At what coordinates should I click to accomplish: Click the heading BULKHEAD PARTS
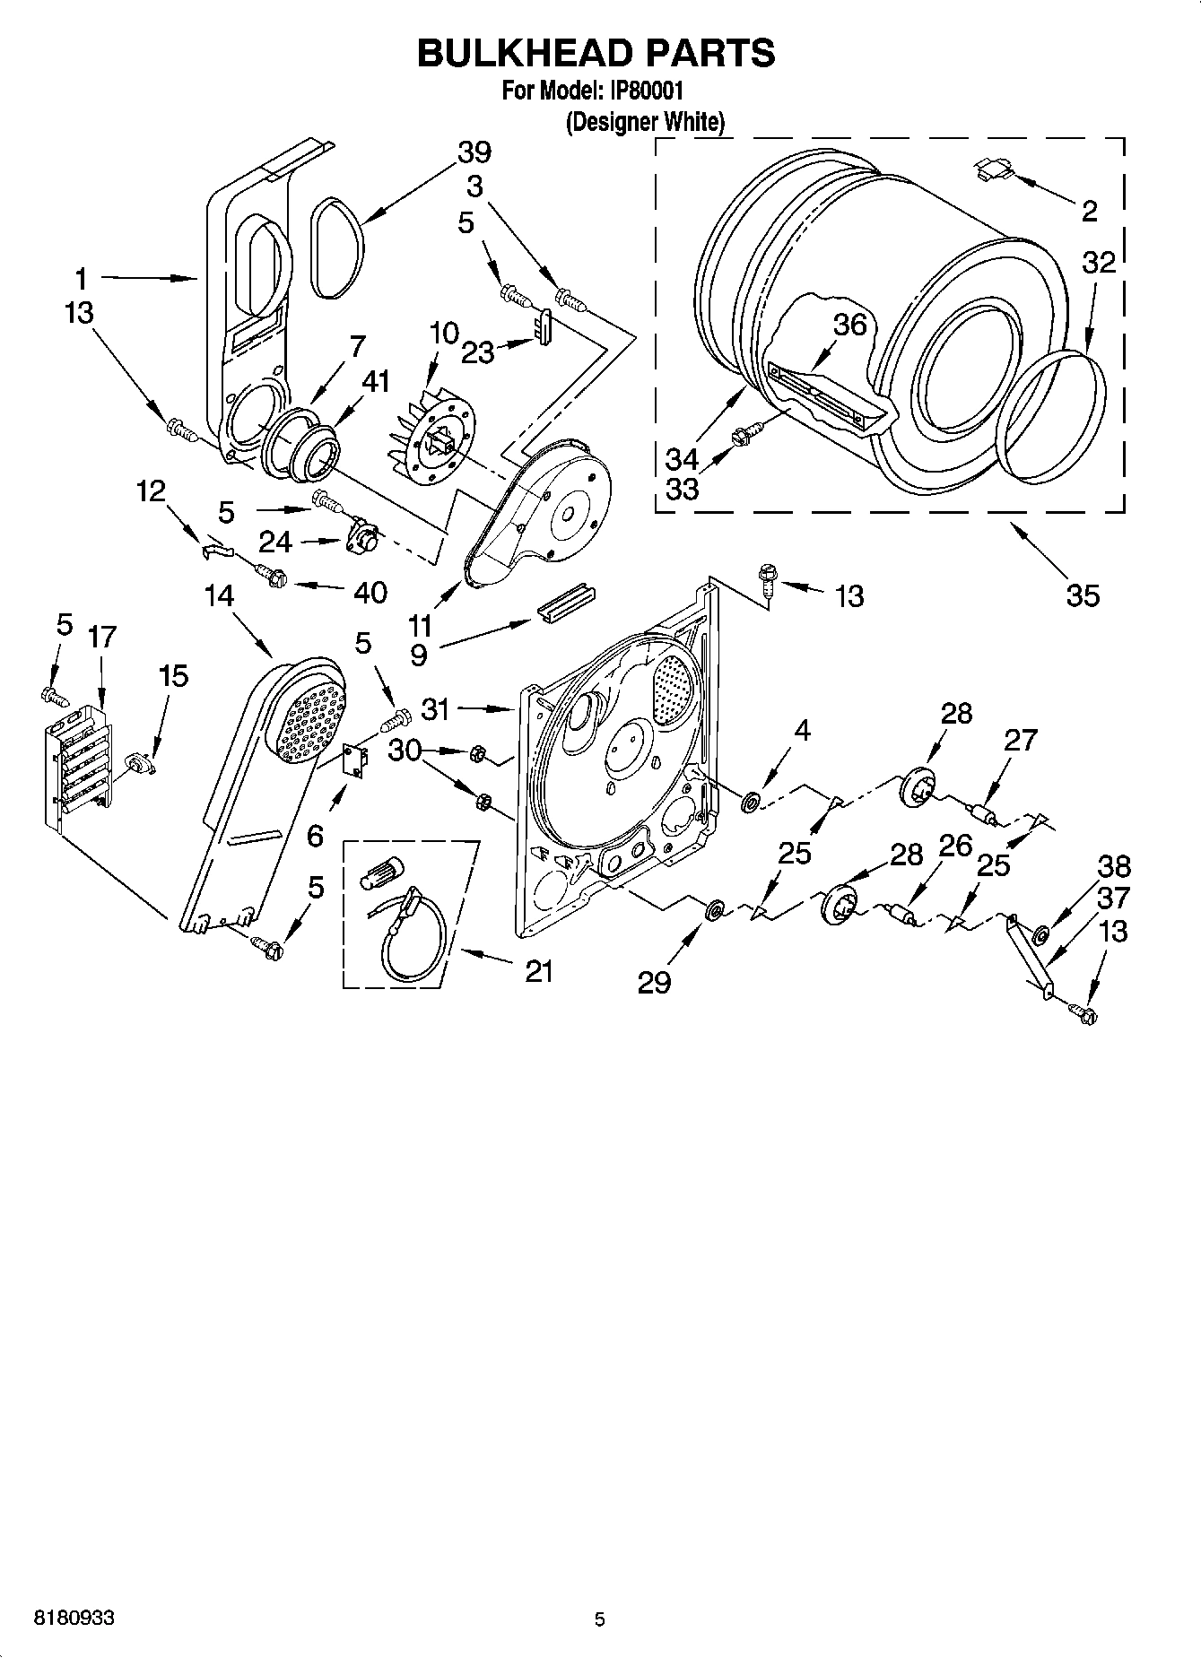[596, 54]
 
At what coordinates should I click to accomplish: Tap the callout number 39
[474, 152]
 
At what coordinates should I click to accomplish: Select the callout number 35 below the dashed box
[1082, 595]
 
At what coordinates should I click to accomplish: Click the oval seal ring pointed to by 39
[338, 248]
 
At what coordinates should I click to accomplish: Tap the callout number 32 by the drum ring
[1098, 263]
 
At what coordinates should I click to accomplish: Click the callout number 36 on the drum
[849, 325]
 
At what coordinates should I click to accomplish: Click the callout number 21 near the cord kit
[538, 970]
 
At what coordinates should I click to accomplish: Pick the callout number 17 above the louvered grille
[101, 638]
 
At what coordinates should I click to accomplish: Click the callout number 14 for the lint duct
[219, 595]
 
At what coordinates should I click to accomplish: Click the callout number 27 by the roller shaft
[1020, 740]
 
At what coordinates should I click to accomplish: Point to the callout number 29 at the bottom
[654, 983]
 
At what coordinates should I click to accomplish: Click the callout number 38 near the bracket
[1113, 867]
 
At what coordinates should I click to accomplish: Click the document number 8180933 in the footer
[74, 1619]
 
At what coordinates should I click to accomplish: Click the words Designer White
[644, 122]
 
